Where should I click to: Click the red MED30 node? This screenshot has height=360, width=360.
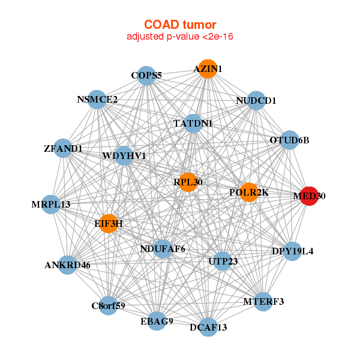click(x=308, y=196)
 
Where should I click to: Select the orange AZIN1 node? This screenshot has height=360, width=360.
click(x=207, y=69)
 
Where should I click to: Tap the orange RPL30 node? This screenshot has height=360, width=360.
click(x=188, y=182)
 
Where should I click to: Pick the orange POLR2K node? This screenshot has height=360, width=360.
click(x=248, y=192)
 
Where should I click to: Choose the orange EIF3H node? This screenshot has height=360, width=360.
click(x=109, y=224)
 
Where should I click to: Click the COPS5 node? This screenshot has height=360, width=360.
click(x=146, y=76)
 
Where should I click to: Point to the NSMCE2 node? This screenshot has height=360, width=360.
click(x=97, y=100)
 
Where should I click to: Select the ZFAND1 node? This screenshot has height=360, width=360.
click(x=64, y=148)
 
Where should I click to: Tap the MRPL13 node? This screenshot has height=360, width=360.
click(x=52, y=204)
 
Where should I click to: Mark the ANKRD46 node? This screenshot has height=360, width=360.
click(x=68, y=265)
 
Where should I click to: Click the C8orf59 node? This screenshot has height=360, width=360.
click(x=109, y=305)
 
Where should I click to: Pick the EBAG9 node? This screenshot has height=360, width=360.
click(x=157, y=321)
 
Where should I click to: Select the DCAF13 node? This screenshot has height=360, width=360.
click(x=208, y=327)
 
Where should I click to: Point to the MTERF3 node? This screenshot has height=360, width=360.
click(x=263, y=301)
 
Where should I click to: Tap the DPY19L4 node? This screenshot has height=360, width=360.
click(x=292, y=251)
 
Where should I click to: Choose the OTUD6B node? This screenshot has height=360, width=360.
click(x=289, y=140)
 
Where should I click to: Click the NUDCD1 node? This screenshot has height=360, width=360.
click(x=256, y=101)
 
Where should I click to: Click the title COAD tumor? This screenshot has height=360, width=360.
click(x=180, y=25)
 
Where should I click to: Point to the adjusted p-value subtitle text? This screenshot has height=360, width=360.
click(x=180, y=37)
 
